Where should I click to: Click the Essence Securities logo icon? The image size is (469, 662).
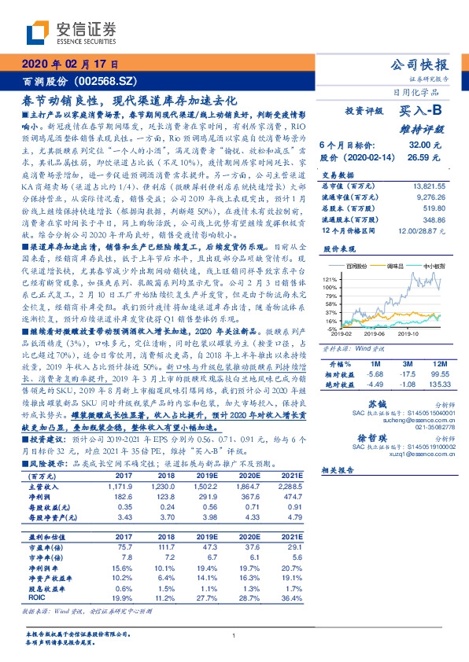pyautogui.click(x=37, y=33)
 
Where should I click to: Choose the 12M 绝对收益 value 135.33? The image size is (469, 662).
pyautogui.click(x=435, y=384)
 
